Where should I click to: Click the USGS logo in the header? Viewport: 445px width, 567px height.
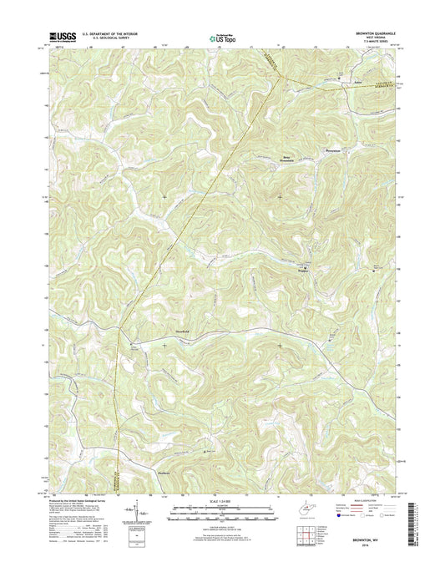click(x=63, y=36)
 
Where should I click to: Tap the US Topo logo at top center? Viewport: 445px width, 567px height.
click(x=222, y=37)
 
